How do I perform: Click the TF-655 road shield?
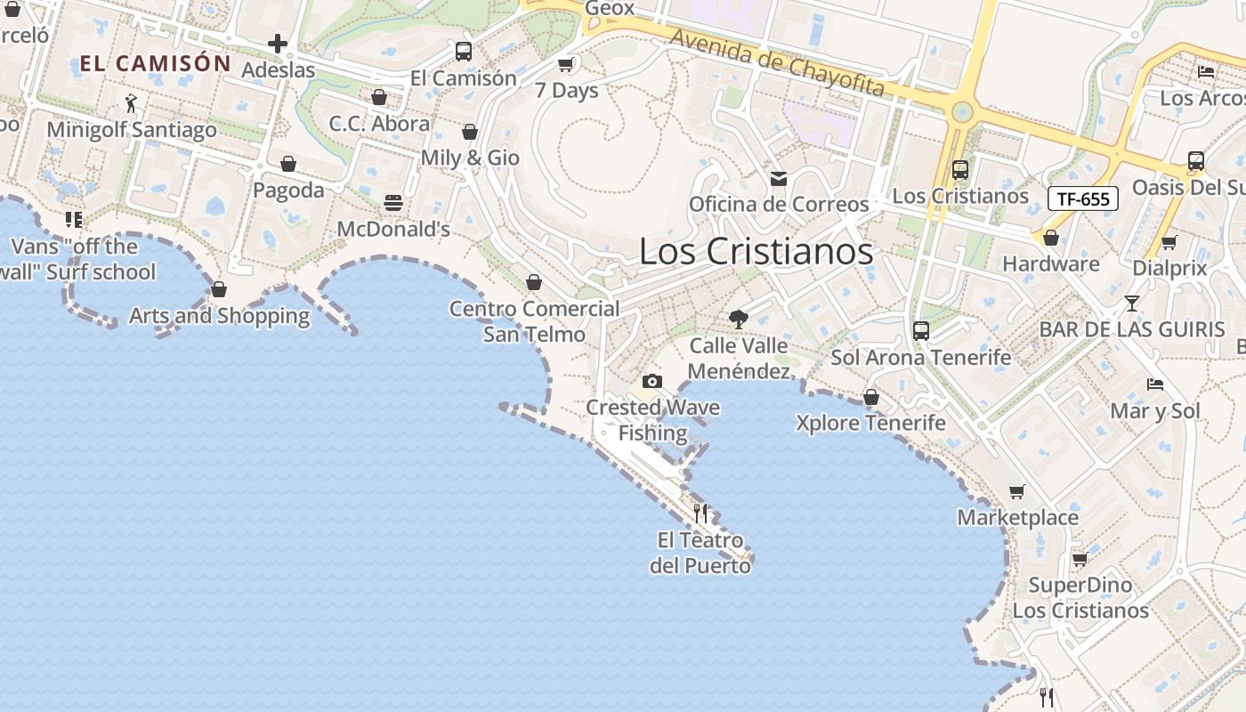click(1082, 198)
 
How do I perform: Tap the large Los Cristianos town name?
click(756, 251)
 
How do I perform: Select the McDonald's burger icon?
click(393, 203)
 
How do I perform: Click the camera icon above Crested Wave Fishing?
click(652, 381)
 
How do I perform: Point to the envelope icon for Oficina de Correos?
click(779, 179)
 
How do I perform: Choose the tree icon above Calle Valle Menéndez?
click(738, 319)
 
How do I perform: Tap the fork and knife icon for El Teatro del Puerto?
click(700, 513)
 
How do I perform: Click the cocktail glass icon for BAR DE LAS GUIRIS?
click(1131, 303)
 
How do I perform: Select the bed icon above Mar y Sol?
click(1155, 384)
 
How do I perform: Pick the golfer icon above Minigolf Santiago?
click(132, 103)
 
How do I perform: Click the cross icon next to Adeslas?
click(278, 43)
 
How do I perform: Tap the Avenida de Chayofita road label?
click(777, 62)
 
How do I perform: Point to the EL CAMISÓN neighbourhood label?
click(156, 63)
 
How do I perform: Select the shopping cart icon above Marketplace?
click(1017, 491)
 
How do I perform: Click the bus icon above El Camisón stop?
click(463, 52)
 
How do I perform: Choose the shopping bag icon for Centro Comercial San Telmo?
click(534, 282)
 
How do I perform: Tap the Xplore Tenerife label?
click(870, 422)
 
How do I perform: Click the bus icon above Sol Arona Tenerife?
click(920, 331)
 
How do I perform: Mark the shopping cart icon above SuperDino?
click(1080, 559)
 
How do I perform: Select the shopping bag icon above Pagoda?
click(288, 164)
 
